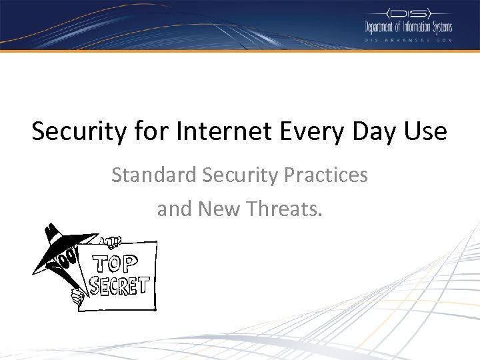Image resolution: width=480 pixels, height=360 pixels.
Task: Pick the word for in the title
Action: (x=147, y=131)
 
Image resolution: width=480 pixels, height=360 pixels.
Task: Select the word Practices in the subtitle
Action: (x=326, y=175)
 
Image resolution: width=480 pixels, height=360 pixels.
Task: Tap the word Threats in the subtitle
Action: (x=284, y=209)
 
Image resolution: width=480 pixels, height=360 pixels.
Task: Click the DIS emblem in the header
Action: (x=408, y=13)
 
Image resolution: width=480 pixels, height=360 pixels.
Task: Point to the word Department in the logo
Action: (x=384, y=27)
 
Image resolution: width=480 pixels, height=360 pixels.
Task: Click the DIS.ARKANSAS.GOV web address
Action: (x=408, y=40)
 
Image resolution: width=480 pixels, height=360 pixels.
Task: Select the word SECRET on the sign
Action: (x=119, y=285)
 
